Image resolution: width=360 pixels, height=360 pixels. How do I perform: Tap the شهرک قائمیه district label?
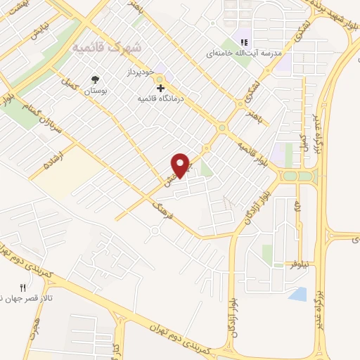pos(107,47)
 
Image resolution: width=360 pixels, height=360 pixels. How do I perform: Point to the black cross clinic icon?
pos(161,89)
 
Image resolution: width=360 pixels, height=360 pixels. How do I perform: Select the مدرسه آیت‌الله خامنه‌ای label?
pos(243,53)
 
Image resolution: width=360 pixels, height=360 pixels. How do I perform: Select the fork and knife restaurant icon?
pos(22,288)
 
